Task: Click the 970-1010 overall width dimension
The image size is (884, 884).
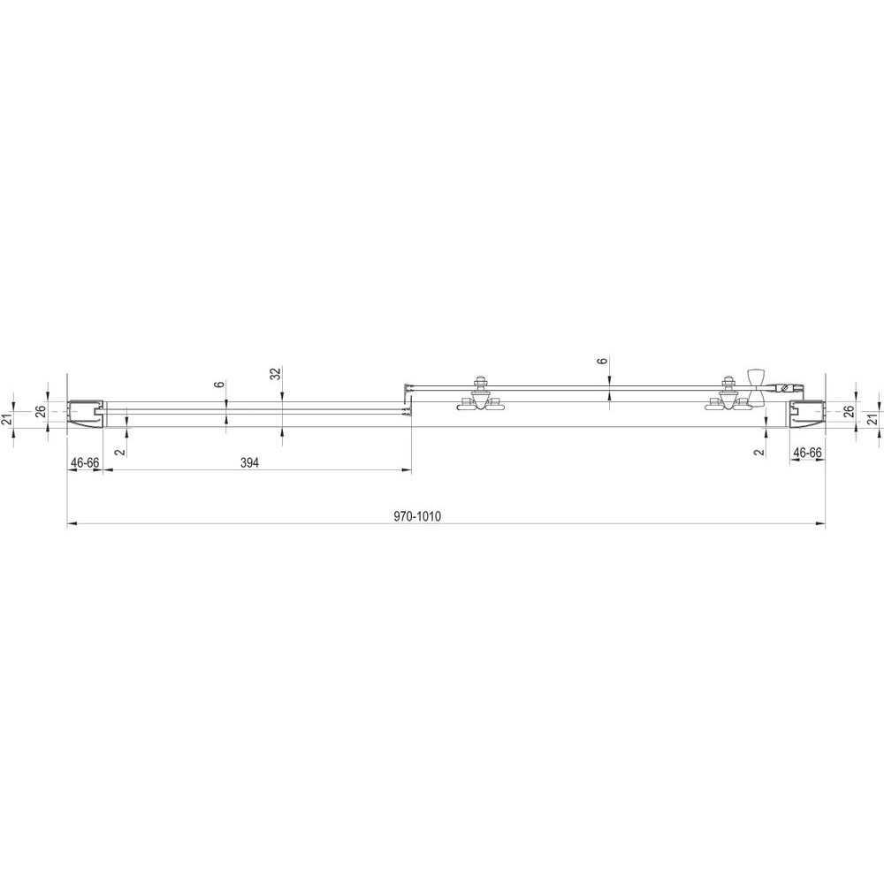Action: [417, 516]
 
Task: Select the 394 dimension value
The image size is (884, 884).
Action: [249, 463]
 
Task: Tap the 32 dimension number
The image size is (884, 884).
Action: [275, 374]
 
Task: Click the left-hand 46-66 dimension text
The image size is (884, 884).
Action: [85, 463]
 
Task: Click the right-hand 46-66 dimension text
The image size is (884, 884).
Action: [807, 452]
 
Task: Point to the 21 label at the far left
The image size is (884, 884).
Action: [7, 419]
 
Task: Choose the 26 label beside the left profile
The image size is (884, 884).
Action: [41, 411]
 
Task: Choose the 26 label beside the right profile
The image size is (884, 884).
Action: [849, 411]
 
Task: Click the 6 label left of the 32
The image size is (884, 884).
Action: [220, 385]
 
